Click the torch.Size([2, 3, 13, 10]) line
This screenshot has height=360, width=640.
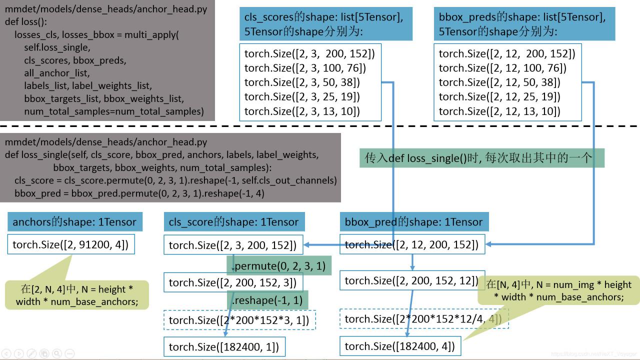[302, 111]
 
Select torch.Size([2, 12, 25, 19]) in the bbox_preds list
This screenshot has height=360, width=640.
[499, 96]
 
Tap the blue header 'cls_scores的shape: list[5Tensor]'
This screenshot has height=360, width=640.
[325, 24]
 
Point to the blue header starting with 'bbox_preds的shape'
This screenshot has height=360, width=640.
[523, 24]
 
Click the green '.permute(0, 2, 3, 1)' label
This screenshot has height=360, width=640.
[278, 265]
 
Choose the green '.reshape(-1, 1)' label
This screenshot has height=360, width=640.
[267, 299]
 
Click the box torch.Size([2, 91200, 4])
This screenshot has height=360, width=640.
[70, 244]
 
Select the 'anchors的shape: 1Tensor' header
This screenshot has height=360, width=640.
[74, 222]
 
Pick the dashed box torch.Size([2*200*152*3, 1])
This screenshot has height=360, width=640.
[239, 320]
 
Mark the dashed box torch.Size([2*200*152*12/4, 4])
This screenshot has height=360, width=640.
[423, 318]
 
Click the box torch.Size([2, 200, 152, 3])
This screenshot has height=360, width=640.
[232, 282]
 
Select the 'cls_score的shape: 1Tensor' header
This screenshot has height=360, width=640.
[233, 222]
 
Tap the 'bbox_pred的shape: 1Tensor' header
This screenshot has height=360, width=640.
[413, 222]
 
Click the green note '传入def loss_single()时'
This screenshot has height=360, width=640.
[481, 158]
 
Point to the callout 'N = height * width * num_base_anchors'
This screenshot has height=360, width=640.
[77, 295]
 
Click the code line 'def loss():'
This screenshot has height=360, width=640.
[26, 22]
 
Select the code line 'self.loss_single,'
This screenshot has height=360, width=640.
[57, 47]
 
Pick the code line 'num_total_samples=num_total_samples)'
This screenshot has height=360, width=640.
[114, 111]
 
